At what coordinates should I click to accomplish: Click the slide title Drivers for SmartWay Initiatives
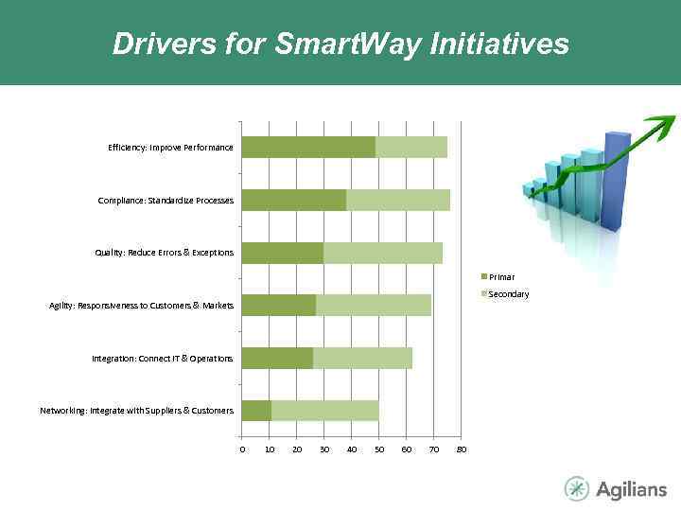click(x=340, y=44)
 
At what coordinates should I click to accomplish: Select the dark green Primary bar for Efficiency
click(x=308, y=147)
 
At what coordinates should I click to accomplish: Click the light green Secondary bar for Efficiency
click(x=411, y=147)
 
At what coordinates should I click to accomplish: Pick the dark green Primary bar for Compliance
click(x=294, y=200)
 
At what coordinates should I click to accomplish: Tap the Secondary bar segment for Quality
click(x=383, y=253)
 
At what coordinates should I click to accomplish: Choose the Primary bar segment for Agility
click(x=279, y=305)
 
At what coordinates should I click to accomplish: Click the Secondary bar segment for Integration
click(x=362, y=358)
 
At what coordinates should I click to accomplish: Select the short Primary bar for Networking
click(x=256, y=411)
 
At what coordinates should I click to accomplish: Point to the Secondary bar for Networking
click(x=324, y=411)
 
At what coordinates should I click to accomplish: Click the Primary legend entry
click(x=501, y=276)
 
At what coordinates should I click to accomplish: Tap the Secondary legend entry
click(x=508, y=294)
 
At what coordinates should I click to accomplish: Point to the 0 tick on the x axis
click(x=242, y=449)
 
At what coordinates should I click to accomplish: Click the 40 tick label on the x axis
click(x=352, y=449)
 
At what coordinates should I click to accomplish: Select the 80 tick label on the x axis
click(x=462, y=449)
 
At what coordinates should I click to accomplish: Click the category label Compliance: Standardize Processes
click(x=166, y=200)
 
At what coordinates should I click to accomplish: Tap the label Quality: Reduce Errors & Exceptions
click(x=164, y=253)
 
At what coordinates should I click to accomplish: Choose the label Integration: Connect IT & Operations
click(x=162, y=359)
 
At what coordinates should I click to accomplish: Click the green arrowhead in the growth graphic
click(x=662, y=124)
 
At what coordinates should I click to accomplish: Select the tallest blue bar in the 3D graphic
click(x=616, y=180)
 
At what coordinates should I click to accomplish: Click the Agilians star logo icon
click(x=576, y=488)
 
